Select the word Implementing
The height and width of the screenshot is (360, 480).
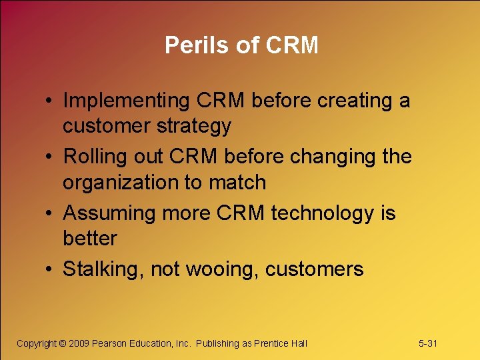(127, 101)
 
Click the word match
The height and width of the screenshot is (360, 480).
(238, 182)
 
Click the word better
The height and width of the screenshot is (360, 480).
(90, 238)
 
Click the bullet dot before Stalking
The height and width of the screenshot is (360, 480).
(51, 269)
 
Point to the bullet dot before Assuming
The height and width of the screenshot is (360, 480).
(51, 213)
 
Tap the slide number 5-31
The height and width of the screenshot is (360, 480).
(427, 343)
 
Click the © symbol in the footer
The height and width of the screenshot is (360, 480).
(63, 343)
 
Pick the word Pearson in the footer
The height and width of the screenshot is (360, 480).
(111, 343)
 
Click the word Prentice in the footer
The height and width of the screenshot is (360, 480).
(271, 343)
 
